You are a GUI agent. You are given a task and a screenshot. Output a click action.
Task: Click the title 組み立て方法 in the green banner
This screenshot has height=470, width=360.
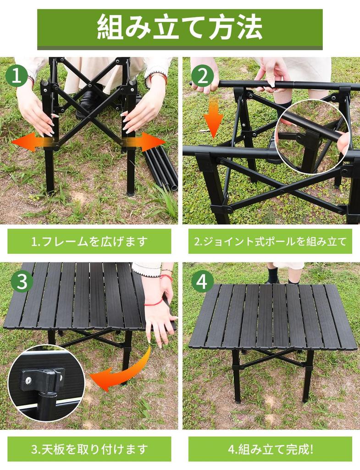click(180, 28)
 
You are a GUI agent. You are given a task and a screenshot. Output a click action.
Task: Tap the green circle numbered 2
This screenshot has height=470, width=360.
click(202, 76)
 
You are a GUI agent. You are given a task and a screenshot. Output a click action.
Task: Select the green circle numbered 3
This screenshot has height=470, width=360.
click(21, 281)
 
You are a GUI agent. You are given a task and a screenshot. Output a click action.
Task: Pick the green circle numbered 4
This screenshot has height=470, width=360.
click(202, 281)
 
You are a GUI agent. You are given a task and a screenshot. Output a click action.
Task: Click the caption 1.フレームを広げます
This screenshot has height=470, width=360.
click(89, 241)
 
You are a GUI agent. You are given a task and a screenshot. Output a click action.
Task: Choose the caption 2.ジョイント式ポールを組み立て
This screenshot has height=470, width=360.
click(270, 241)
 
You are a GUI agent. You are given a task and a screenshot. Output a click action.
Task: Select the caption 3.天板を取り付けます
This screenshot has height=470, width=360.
click(89, 448)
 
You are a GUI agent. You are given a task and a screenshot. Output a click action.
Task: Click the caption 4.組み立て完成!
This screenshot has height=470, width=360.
click(270, 448)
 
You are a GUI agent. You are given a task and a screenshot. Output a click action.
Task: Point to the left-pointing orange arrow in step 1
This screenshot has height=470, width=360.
click(28, 142)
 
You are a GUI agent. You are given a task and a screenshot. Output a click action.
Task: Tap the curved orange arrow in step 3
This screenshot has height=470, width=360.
click(124, 372)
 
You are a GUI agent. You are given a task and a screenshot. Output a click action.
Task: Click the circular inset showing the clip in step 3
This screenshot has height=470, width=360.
click(46, 383)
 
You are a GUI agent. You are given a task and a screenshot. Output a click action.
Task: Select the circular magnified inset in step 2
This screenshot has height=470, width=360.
click(312, 138)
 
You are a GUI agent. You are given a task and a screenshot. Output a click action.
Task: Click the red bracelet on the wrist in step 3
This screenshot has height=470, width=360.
click(154, 302)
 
